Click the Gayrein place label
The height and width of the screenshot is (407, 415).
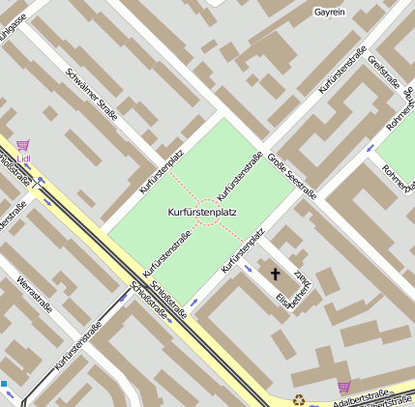pyautogui.click(x=330, y=13)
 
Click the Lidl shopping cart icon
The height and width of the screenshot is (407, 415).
pyautogui.click(x=23, y=146)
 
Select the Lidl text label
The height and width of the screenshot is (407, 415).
pyautogui.click(x=23, y=159)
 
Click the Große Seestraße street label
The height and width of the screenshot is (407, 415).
pyautogui.click(x=292, y=177)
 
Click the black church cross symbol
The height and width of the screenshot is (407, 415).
pyautogui.click(x=274, y=276)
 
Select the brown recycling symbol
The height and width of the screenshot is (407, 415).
pyautogui.click(x=299, y=398)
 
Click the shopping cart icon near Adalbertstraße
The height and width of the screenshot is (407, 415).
pyautogui.click(x=343, y=387)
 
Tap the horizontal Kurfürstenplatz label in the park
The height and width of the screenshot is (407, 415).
pyautogui.click(x=202, y=211)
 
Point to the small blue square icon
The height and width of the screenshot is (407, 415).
pyautogui.click(x=3, y=384)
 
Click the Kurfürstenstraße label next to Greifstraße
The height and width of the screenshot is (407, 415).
pyautogui.click(x=343, y=70)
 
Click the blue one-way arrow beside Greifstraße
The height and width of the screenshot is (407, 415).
pyautogui.click(x=371, y=148)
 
